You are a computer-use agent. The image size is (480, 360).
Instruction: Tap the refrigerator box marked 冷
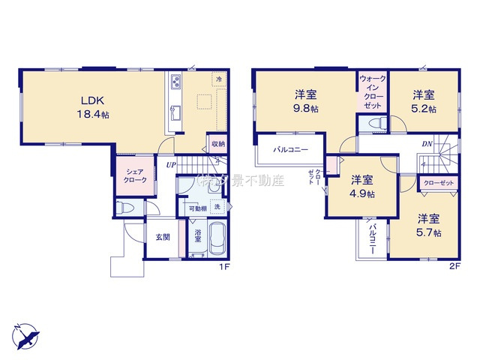[x=219, y=79]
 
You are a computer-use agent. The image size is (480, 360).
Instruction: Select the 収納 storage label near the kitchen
[x=217, y=143]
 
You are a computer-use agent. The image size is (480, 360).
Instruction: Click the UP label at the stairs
[x=172, y=164]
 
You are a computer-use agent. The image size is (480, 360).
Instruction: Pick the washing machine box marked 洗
[x=217, y=207]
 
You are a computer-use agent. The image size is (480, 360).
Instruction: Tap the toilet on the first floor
[x=125, y=207]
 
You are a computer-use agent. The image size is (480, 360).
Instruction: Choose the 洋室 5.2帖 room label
[x=424, y=101]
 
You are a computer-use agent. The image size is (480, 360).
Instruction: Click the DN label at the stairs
[x=426, y=144]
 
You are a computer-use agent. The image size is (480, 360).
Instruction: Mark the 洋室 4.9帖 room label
[x=363, y=186]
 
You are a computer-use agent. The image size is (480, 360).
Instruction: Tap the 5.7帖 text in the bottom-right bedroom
[x=429, y=233]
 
